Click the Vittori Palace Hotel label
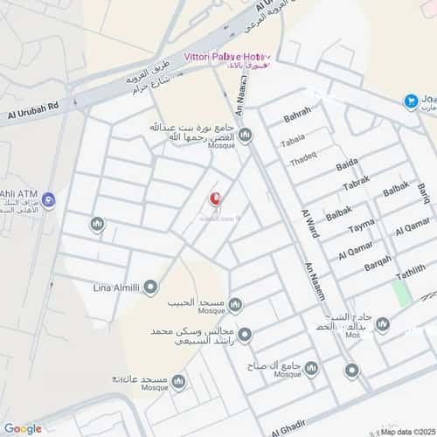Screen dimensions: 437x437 pos(225,56)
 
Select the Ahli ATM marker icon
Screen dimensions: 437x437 pos(49,200)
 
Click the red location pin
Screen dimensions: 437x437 pos(214,200)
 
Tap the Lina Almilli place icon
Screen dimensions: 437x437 pos(151,287)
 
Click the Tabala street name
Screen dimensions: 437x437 pos(293,139)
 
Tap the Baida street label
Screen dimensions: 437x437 pos(346,164)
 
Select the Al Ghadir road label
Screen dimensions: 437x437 pos(292,428)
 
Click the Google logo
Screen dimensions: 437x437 pos(23,428)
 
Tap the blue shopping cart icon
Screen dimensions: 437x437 pos(411,101)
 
